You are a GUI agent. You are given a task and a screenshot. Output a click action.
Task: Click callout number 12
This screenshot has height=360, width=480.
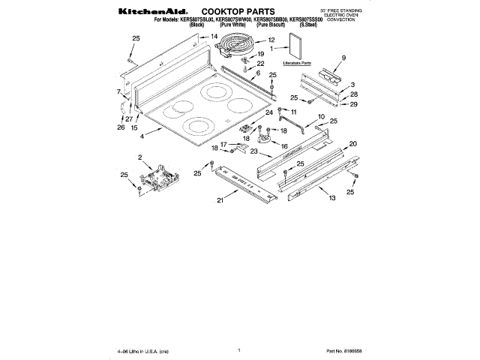(x=271, y=40)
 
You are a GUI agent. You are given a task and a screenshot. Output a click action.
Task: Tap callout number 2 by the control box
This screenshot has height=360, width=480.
(x=139, y=157)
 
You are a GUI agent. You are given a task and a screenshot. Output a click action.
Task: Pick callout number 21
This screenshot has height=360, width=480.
(x=220, y=200)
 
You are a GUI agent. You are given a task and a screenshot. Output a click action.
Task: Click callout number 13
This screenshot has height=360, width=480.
(x=331, y=198)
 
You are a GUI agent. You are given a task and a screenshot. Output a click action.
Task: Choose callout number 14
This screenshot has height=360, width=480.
(x=214, y=36)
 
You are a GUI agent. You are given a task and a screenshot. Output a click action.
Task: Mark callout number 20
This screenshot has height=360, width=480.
(x=353, y=142)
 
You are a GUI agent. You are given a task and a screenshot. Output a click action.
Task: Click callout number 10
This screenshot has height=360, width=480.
(x=321, y=116)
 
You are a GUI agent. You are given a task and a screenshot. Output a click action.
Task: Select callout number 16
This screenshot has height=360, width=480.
(x=284, y=146)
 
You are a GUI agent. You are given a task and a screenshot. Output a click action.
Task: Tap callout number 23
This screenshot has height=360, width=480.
(x=253, y=151)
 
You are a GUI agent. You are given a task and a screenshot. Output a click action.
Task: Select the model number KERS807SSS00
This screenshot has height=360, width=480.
(x=305, y=20)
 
